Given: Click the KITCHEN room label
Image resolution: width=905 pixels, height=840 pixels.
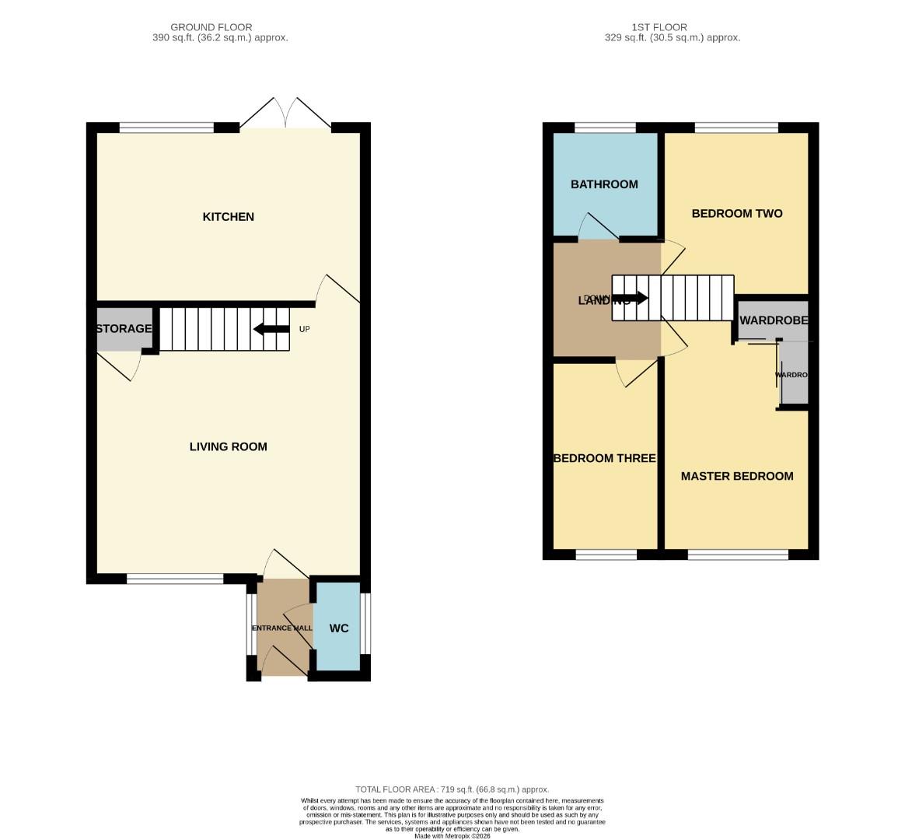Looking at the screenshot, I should pyautogui.click(x=228, y=217).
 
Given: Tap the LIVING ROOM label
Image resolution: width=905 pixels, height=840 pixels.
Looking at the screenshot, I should pyautogui.click(x=228, y=446).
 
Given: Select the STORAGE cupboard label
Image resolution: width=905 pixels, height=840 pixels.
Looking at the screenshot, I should pyautogui.click(x=124, y=329).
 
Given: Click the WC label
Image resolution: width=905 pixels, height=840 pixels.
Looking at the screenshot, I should pyautogui.click(x=339, y=628).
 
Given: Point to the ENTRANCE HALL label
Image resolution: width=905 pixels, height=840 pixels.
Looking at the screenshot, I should pyautogui.click(x=281, y=628).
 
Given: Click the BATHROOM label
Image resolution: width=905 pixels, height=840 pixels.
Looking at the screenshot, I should pyautogui.click(x=604, y=184).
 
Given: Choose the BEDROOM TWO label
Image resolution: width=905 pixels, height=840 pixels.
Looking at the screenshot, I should pyautogui.click(x=736, y=214).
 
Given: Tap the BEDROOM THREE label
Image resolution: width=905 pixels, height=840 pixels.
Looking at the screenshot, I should pyautogui.click(x=604, y=458).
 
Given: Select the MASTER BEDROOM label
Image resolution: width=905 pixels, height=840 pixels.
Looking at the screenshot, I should pyautogui.click(x=736, y=476).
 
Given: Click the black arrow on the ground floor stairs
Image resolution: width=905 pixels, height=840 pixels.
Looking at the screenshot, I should pyautogui.click(x=271, y=329).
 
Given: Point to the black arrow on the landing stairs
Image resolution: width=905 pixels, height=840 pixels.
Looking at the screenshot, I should pyautogui.click(x=631, y=298).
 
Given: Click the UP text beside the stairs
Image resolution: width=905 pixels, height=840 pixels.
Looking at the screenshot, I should pyautogui.click(x=305, y=330).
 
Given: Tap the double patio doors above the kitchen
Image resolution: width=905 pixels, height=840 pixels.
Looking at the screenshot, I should pyautogui.click(x=286, y=115).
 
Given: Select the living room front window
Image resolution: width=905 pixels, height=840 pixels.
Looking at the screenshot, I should pyautogui.click(x=175, y=579).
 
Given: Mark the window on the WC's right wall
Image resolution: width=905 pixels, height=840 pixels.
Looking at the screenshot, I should pyautogui.click(x=365, y=625).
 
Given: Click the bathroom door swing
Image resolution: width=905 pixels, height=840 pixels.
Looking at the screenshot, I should pyautogui.click(x=597, y=227).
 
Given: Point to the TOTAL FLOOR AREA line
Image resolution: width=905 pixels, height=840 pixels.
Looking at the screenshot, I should pyautogui.click(x=452, y=789).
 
